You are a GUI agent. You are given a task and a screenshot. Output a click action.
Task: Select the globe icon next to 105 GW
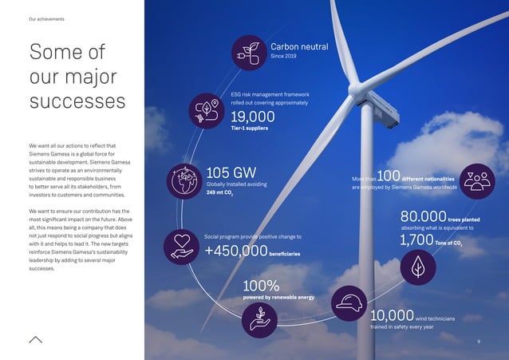click(185, 180)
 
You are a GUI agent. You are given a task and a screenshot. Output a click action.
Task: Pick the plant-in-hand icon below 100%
click(261, 321)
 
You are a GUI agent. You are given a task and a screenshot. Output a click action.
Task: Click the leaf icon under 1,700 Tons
click(417, 269)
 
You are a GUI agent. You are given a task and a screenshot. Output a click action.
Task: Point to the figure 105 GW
click(231, 172)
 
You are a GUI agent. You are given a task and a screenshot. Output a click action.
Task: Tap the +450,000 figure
click(235, 251)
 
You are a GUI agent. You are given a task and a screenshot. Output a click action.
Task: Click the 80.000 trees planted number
click(422, 216)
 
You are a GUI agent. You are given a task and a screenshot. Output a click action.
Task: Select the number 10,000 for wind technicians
click(392, 316)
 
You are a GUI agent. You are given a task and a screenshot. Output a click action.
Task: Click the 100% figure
click(261, 285)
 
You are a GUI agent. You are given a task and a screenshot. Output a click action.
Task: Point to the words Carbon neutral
click(299, 47)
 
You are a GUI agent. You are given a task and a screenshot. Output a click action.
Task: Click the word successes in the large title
click(77, 103)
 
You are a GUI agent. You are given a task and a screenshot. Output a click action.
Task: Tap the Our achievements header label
click(46, 18)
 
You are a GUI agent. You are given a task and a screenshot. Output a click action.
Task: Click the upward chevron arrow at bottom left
click(35, 338)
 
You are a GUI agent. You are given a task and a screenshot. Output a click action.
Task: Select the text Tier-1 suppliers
click(249, 129)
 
